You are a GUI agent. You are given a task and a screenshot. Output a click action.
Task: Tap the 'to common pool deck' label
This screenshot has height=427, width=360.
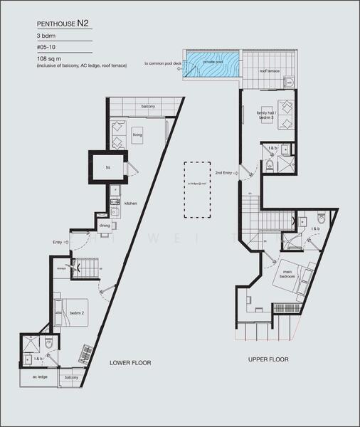click(x=163, y=63)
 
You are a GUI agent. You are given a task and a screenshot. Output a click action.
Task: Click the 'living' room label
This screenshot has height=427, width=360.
click(x=137, y=134)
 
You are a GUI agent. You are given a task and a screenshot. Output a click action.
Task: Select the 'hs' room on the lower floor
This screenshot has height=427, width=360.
click(x=107, y=167)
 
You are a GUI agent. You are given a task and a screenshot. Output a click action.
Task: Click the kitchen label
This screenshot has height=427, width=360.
click(x=131, y=204)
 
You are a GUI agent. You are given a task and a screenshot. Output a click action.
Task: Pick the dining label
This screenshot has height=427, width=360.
click(x=105, y=226)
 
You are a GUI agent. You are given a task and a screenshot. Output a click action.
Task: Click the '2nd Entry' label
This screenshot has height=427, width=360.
click(x=223, y=172)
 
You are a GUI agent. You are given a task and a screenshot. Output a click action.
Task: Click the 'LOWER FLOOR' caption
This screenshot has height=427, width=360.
click(x=130, y=362)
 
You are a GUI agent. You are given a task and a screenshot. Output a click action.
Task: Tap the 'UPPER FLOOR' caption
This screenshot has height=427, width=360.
click(x=268, y=360)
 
